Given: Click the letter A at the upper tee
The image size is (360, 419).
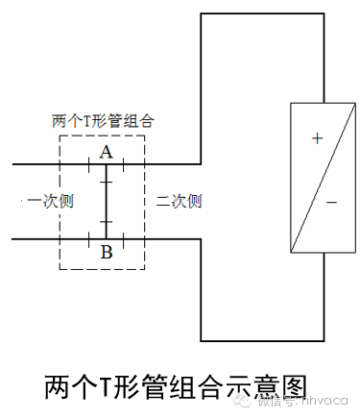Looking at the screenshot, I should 106,153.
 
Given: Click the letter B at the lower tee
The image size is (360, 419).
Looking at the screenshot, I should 106,253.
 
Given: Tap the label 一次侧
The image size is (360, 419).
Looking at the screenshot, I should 44,201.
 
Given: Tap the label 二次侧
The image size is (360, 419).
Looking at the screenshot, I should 179,201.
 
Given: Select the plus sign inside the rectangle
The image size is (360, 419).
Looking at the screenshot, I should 317,138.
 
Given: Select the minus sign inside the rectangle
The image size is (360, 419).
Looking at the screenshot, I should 330,203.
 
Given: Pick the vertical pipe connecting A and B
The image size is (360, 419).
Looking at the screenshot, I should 106,201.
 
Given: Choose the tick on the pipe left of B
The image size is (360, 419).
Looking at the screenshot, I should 88,236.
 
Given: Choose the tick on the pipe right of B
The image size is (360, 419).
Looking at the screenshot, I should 124,236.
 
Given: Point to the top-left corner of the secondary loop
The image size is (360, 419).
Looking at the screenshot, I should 200,15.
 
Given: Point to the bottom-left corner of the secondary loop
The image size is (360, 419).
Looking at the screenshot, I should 200,340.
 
